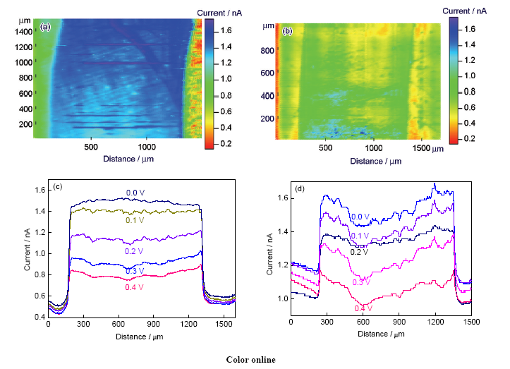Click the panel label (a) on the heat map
click(x=46, y=27)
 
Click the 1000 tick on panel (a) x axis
click(x=147, y=147)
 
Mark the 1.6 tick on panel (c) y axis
click(x=40, y=190)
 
